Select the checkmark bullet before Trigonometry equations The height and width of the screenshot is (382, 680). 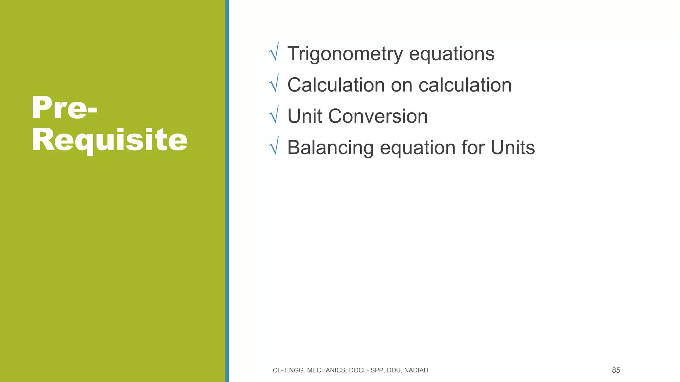[x=274, y=52]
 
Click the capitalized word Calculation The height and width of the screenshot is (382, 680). [x=336, y=85]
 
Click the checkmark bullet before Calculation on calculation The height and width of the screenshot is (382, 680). [x=274, y=84]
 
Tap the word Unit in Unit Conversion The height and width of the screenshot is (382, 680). [x=304, y=116]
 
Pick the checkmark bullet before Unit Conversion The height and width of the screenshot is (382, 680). [x=274, y=115]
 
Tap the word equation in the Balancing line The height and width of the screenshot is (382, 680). [x=417, y=148]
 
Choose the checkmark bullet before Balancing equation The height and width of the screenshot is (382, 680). [x=274, y=146]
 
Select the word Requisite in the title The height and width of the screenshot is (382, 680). [x=110, y=141]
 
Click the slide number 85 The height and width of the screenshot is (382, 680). [x=616, y=370]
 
